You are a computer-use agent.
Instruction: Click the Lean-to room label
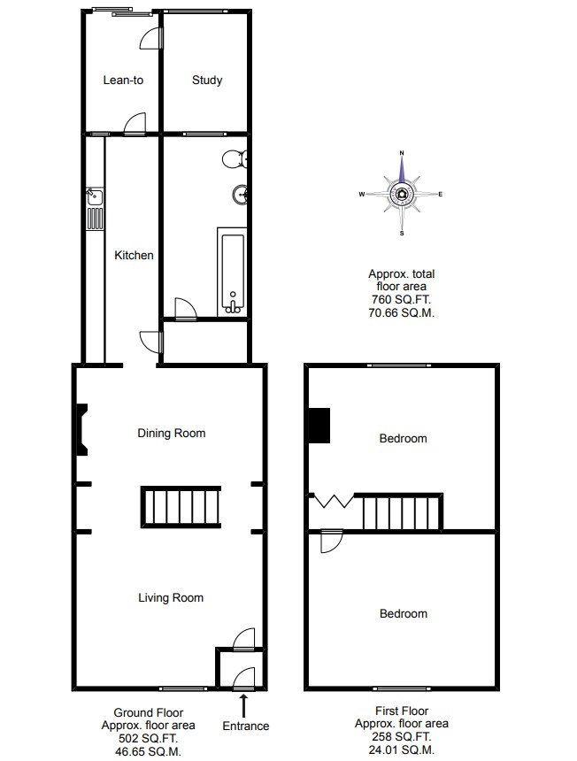coord(123,80)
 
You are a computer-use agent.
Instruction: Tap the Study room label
coord(207,80)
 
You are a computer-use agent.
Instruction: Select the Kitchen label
coord(134,255)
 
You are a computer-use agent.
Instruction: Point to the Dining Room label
coord(172,433)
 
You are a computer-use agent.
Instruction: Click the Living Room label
coord(171,598)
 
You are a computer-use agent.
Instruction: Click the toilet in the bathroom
coord(235,158)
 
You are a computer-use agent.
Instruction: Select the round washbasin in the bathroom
coord(241,195)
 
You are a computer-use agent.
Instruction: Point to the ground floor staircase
coord(181,507)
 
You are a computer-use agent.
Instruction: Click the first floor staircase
coord(400,512)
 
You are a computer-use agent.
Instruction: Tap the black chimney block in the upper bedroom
coord(319,426)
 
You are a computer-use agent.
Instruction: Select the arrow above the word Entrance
coord(243,706)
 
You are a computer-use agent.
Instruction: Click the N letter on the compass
coord(401,153)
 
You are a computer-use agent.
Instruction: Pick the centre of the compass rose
coord(402,195)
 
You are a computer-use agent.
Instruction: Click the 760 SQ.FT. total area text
coord(401,299)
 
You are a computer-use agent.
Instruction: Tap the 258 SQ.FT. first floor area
coord(401,737)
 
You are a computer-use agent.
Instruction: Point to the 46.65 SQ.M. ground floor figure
coord(148,752)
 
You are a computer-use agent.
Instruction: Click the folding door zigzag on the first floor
coord(333,500)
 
